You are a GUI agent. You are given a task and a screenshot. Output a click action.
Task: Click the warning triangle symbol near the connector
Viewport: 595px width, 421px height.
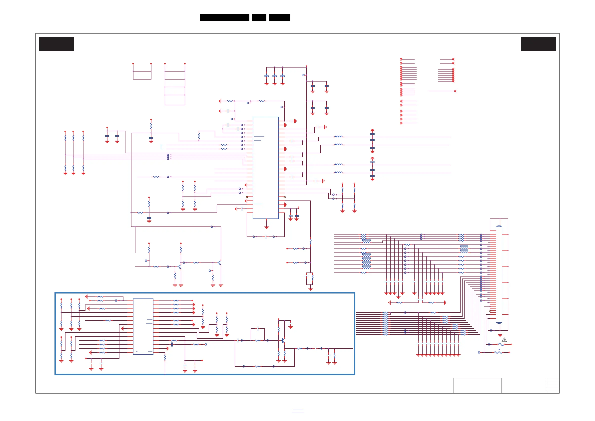(504, 339)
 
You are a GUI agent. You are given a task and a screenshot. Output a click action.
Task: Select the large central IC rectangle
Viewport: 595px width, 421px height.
(266, 168)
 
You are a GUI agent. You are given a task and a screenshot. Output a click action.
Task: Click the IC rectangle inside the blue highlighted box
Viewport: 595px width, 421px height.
(143, 326)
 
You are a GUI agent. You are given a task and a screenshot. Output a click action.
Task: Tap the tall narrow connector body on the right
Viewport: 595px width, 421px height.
(499, 274)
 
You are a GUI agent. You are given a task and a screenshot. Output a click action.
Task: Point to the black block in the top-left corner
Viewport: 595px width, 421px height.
(56, 44)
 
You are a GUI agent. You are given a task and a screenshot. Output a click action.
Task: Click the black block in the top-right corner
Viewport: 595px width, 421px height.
(538, 44)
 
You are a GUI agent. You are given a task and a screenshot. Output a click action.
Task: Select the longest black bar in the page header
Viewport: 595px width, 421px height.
(224, 18)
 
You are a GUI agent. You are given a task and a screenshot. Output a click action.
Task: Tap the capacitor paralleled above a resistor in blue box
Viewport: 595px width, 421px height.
(258, 329)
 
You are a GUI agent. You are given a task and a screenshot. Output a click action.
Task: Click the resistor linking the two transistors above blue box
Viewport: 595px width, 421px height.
(196, 262)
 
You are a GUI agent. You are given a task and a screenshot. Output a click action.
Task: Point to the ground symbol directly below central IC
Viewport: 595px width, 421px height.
(267, 227)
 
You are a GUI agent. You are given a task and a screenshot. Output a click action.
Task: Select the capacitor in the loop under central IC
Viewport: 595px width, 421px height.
(266, 237)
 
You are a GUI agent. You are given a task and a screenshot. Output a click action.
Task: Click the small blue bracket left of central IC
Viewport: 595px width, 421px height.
(162, 147)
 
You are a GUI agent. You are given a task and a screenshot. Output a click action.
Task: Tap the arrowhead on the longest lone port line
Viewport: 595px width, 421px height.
(455, 91)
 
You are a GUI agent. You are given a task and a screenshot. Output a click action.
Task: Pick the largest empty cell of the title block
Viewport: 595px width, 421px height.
(477, 385)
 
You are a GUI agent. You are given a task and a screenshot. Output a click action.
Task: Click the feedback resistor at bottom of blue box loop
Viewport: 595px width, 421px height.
(258, 366)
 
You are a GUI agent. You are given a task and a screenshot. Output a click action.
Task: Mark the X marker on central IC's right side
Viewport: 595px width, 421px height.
(285, 197)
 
